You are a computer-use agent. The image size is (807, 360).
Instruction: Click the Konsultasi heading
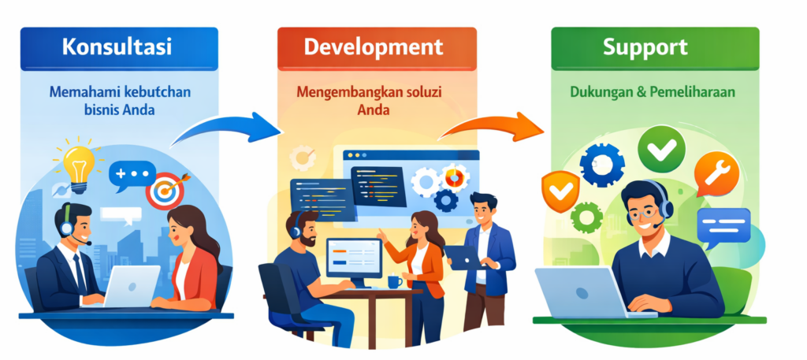[x=117, y=46]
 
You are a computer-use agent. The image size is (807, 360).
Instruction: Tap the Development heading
[x=373, y=46]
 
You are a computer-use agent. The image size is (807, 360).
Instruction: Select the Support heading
[x=645, y=46]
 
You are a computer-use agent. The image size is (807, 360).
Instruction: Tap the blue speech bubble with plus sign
[x=132, y=176]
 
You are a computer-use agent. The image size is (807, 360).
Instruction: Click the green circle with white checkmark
[x=661, y=149]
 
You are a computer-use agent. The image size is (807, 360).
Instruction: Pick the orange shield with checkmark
[x=560, y=191]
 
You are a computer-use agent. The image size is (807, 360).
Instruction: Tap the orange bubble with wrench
[x=716, y=174]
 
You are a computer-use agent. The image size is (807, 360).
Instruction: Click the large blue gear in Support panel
[x=602, y=165]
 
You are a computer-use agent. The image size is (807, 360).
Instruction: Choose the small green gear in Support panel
[x=586, y=217]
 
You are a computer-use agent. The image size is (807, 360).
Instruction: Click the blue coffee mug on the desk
[x=395, y=282]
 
